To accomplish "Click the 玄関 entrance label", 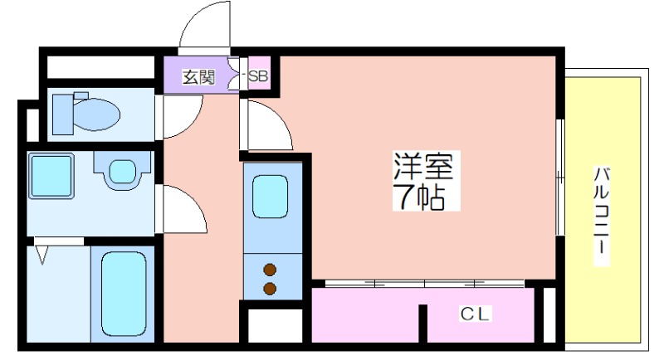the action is (x=198, y=77).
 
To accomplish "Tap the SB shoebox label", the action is (x=258, y=76).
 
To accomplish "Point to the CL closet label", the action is (x=475, y=314).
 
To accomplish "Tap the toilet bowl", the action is (x=97, y=114).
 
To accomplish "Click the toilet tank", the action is (x=63, y=114).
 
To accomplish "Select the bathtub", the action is (x=124, y=294).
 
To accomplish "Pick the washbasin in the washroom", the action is (x=122, y=171).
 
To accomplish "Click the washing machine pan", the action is (x=51, y=176).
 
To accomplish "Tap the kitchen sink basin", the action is (x=271, y=197).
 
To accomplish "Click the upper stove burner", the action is (x=270, y=270).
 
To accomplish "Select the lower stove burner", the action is (x=270, y=289).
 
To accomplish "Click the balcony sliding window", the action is (x=559, y=178).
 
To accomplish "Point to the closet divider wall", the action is (x=422, y=324).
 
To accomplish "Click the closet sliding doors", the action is (x=425, y=284).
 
